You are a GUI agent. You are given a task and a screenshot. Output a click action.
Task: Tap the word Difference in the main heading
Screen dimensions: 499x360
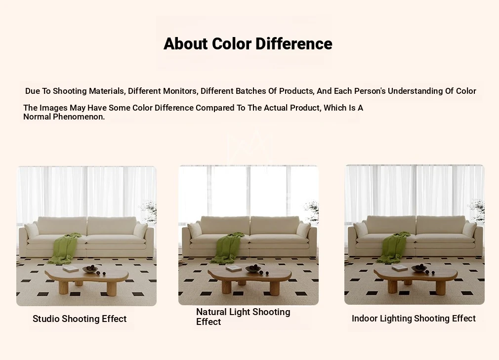click(294, 43)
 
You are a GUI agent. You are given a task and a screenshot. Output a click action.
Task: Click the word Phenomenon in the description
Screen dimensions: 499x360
click(79, 117)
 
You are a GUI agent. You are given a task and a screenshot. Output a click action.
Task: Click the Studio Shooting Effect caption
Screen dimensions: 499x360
click(80, 319)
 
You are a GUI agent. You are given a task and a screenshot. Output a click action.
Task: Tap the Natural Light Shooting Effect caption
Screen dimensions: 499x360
click(243, 317)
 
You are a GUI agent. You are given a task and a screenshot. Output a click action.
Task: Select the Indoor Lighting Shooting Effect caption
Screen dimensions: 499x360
click(414, 319)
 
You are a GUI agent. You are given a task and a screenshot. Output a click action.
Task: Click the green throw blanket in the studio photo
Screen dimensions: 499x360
click(65, 248)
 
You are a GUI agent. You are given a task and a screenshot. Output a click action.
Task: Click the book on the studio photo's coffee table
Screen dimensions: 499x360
click(71, 269)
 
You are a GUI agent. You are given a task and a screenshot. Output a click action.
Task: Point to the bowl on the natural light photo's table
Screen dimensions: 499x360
click(253, 269)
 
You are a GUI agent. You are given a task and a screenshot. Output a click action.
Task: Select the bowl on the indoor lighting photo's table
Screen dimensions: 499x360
click(419, 268)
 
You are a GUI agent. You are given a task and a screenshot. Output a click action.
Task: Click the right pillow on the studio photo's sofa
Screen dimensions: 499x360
click(140, 230)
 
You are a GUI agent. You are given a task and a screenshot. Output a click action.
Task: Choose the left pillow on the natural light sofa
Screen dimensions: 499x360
click(195, 230)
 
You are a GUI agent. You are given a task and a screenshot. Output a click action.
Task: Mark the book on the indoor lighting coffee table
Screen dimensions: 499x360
click(400, 268)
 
